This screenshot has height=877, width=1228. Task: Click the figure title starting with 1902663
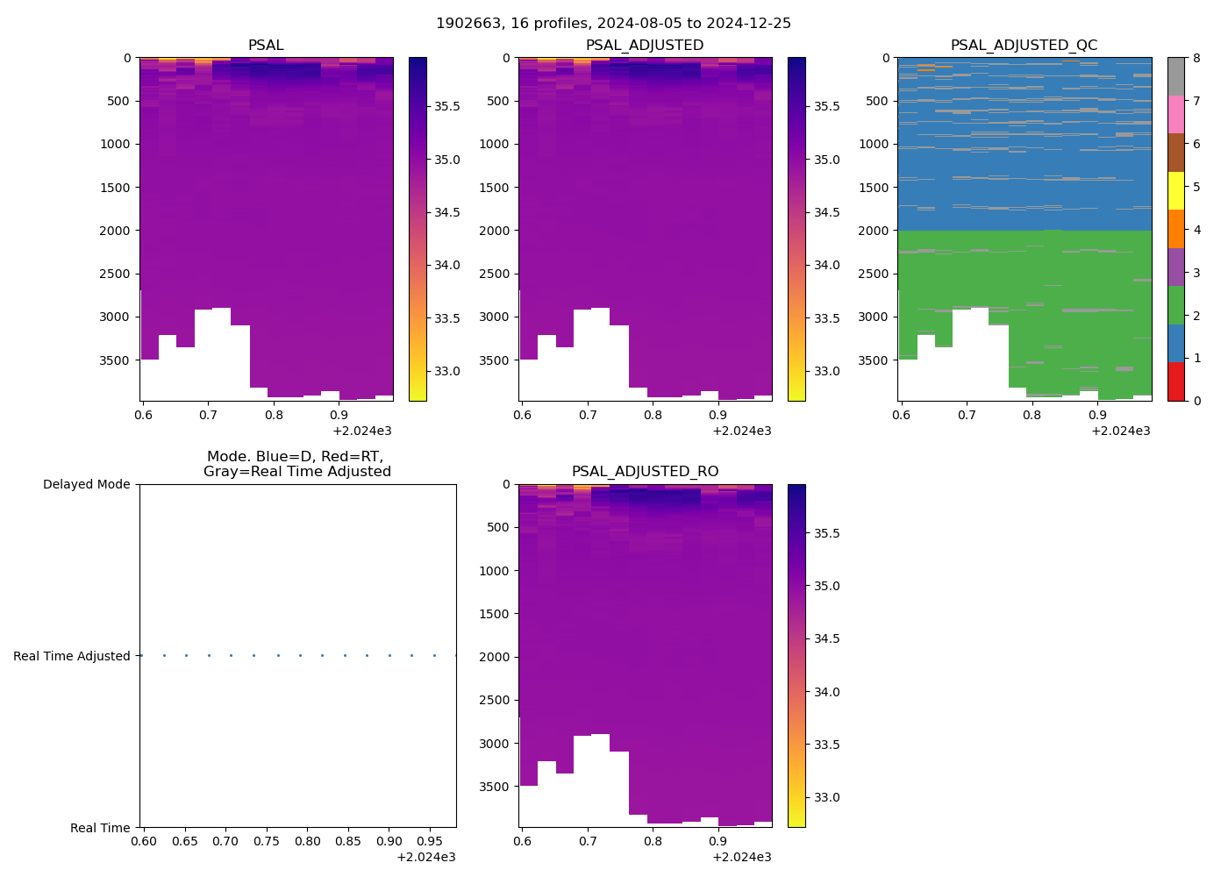coord(613,24)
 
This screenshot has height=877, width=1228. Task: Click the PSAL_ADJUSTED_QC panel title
coord(1024,46)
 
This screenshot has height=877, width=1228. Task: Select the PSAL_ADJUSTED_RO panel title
coord(645,472)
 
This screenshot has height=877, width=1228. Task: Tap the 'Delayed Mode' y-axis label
coord(86,485)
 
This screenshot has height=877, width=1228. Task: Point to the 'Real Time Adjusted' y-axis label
coord(71,656)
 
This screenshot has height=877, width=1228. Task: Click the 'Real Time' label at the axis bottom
coord(100,828)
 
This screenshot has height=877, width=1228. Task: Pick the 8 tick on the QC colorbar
coord(1195,58)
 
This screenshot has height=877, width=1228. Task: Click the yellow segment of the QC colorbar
coord(1175,190)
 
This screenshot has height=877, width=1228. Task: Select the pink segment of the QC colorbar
coord(1175,114)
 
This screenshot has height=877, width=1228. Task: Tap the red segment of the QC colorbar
coord(1175,381)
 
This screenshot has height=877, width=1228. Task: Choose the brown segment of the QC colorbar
coord(1175,153)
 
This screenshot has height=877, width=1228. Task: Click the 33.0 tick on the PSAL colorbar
coord(447,371)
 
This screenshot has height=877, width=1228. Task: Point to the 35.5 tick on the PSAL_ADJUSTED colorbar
coord(826,106)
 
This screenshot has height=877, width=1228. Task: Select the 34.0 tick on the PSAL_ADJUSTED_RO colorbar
coord(826,692)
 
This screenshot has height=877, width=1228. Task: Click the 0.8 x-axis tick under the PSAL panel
coord(274,415)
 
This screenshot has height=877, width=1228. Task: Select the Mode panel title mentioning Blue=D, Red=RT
coord(296,464)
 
